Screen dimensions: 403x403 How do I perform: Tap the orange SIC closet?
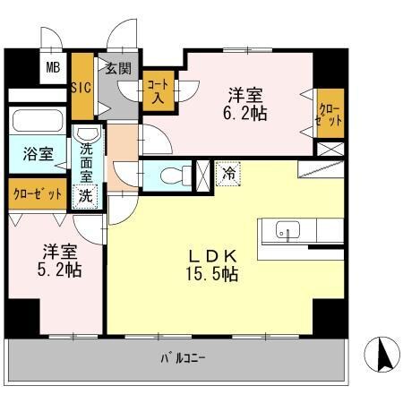click(x=81, y=88)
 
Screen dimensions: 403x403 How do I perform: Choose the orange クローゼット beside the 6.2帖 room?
click(x=328, y=113)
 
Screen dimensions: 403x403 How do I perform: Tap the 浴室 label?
click(x=36, y=154)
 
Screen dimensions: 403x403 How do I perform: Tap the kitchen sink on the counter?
click(x=287, y=229)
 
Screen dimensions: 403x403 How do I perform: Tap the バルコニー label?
click(x=184, y=359)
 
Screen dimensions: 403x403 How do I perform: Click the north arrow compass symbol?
click(x=381, y=355)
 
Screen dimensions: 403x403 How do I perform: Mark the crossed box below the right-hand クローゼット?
click(x=329, y=150)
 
